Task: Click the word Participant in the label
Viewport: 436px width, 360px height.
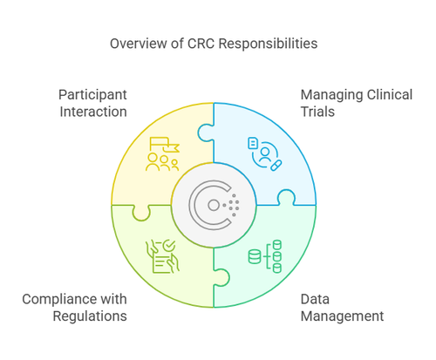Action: pyautogui.click(x=92, y=94)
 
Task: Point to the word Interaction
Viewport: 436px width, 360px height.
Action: pyautogui.click(x=92, y=112)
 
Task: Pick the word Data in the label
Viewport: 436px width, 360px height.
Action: pyautogui.click(x=317, y=298)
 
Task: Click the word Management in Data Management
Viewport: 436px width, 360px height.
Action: pyautogui.click(x=342, y=316)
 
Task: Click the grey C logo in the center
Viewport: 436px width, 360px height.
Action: pyautogui.click(x=214, y=205)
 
